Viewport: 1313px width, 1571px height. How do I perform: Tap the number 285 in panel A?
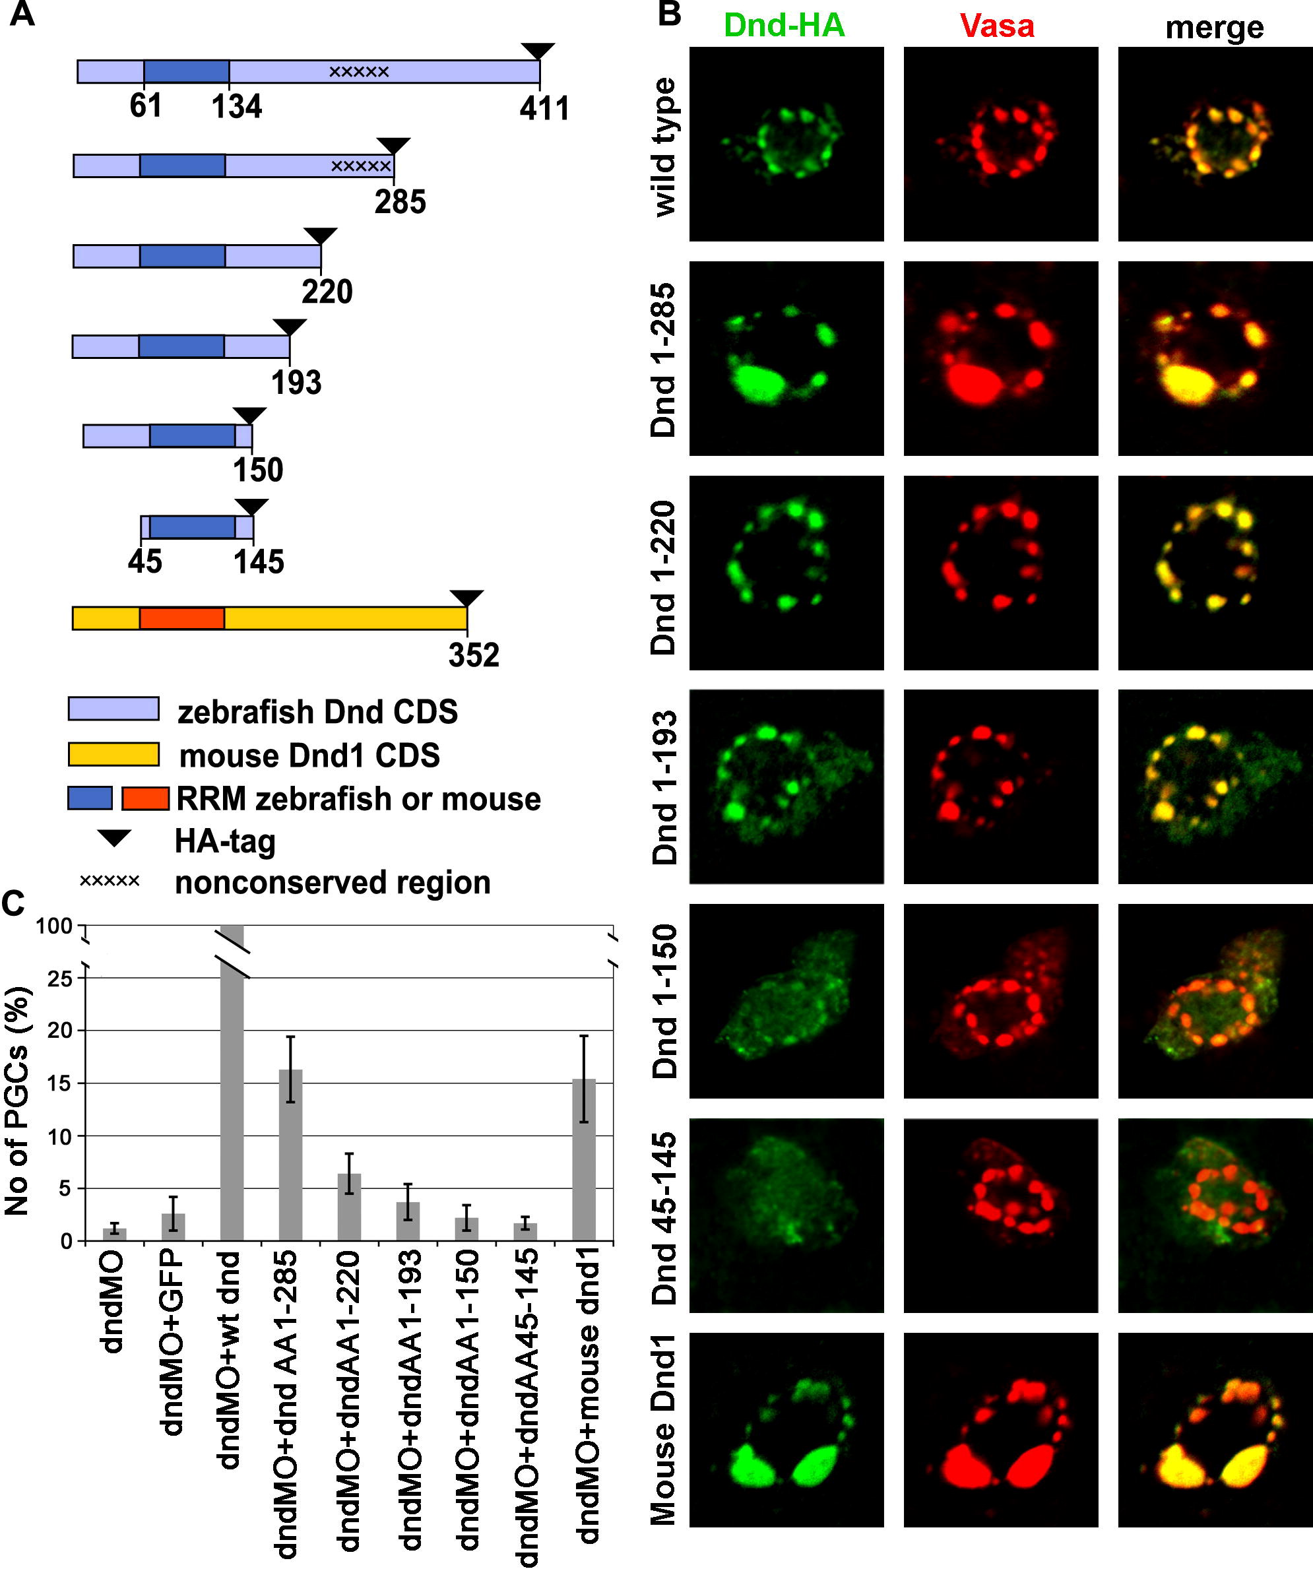(x=400, y=202)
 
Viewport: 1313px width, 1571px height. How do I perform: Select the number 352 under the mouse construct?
(x=474, y=655)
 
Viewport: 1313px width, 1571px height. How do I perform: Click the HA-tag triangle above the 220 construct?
(x=321, y=235)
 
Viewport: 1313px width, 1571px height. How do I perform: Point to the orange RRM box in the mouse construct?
(x=182, y=619)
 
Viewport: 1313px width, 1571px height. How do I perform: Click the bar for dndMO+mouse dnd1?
(x=583, y=1159)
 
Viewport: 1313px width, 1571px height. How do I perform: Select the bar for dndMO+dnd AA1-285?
(x=290, y=1155)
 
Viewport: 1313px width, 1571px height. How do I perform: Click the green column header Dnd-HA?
(x=784, y=26)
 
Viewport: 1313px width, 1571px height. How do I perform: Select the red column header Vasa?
(x=997, y=26)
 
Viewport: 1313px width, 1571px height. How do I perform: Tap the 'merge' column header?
(x=1214, y=28)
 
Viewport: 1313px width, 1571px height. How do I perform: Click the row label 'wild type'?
(x=664, y=146)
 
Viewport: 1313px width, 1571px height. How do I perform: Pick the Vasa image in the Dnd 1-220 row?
(x=1000, y=573)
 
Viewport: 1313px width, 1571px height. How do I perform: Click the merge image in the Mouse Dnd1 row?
(x=1215, y=1430)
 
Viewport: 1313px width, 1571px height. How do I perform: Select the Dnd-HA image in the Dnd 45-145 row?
(x=786, y=1215)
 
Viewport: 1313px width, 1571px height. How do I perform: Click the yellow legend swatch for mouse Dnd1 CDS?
(x=113, y=754)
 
